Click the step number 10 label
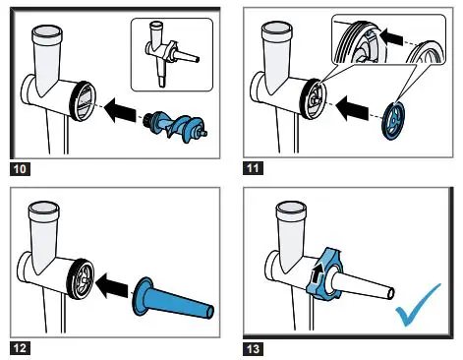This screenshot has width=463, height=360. point(20,169)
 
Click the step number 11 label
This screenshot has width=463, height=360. point(253,168)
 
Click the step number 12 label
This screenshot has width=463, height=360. point(20,347)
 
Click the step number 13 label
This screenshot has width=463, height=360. point(253,348)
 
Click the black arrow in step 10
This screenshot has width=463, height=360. point(119,109)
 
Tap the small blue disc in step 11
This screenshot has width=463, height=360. point(394,120)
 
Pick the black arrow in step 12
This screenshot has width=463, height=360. point(113,285)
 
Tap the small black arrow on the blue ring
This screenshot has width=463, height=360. point(317,273)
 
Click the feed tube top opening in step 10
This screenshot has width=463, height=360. point(46,30)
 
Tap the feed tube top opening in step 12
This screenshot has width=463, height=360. point(44,209)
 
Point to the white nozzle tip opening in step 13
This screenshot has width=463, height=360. point(390,293)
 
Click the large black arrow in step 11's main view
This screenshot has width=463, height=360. point(353,108)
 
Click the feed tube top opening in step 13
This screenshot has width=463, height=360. point(291,208)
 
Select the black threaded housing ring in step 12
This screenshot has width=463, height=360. point(81,279)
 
